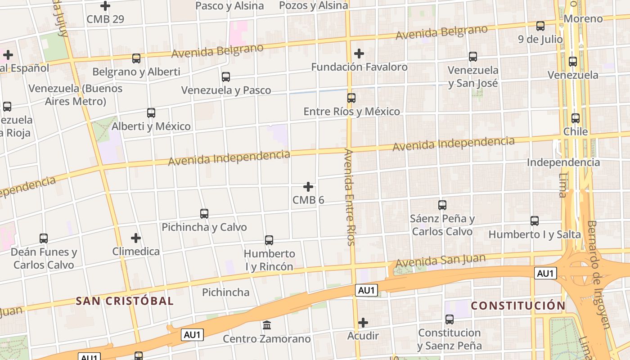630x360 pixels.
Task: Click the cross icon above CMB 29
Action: pos(105,6)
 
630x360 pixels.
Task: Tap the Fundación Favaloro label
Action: pos(359,67)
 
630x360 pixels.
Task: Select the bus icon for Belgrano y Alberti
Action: pos(136,58)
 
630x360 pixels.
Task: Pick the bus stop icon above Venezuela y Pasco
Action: pos(226,77)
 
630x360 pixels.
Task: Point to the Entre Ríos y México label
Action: pos(351,112)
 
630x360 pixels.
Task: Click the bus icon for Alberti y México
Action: pos(151,113)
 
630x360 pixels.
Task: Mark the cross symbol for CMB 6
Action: pos(308,186)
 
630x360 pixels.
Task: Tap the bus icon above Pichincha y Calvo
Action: pos(204,214)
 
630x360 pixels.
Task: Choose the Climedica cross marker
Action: pos(136,238)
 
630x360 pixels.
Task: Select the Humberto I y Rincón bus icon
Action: pos(269,240)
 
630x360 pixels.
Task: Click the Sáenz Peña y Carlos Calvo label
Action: pos(442,225)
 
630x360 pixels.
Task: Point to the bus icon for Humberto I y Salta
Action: pos(535,221)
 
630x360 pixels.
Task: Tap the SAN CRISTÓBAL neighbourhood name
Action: pos(124,301)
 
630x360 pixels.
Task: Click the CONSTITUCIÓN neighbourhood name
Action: pos(518,306)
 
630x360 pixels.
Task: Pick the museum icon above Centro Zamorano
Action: pos(267,325)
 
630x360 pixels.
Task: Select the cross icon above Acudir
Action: pos(363,323)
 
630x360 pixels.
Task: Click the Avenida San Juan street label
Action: pos(441,260)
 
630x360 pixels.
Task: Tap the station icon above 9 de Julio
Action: pos(540,26)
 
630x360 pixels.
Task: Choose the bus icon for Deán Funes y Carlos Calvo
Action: pos(44,238)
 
